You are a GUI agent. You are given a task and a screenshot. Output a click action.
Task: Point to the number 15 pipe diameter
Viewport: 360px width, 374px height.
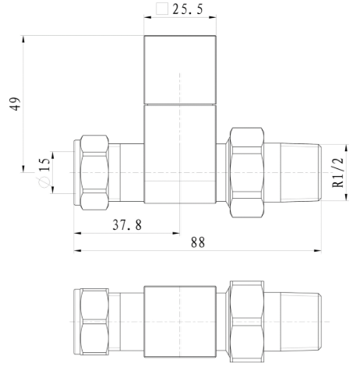tap(44, 166)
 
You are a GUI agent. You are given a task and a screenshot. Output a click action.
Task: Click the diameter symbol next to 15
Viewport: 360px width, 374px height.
tap(44, 182)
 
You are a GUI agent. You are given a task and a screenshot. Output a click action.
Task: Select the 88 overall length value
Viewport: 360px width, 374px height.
tap(197, 242)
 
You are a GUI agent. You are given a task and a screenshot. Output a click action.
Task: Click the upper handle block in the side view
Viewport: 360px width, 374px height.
tap(180, 70)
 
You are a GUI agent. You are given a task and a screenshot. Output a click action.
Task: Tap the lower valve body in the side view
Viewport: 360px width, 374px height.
tap(180, 156)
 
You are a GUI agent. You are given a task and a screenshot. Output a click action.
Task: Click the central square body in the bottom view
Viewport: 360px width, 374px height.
tap(180, 320)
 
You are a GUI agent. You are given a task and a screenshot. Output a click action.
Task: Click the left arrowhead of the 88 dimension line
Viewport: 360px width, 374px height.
tap(77, 251)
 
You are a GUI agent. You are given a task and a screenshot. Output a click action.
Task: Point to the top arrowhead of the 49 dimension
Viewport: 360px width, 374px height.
tap(24, 37)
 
